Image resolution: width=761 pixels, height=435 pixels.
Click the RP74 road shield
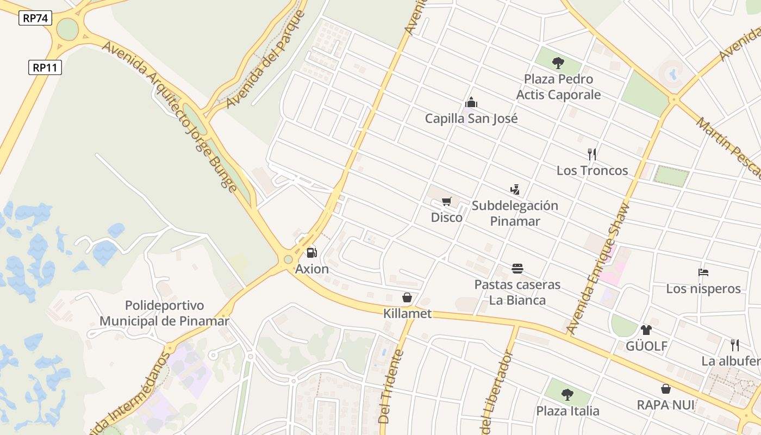36,18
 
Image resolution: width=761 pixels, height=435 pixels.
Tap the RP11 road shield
45,67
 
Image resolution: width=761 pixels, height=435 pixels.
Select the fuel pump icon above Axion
311,252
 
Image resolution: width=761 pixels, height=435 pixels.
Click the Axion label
312,269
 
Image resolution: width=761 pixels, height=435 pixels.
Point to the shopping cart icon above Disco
446,202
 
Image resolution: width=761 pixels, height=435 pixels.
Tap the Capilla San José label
471,118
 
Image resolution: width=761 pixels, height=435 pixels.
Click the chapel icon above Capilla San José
471,102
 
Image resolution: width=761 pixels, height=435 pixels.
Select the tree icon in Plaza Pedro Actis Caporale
558,63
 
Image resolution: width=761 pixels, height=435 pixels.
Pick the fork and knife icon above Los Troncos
592,154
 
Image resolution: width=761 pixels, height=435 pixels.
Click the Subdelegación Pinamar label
515,213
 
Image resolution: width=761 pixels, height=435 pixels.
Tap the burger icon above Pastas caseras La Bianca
517,269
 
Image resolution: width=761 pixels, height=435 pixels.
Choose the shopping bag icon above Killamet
407,297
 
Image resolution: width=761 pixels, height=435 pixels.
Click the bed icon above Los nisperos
703,272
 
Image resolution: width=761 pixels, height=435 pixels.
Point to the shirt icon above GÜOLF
646,330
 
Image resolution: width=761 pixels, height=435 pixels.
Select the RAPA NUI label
666,405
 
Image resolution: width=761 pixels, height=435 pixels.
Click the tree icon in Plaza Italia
567,394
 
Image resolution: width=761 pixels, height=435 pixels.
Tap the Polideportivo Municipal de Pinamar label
164,313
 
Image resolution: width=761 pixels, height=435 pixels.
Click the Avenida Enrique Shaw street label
598,268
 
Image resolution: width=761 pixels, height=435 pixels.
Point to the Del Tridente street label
391,387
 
